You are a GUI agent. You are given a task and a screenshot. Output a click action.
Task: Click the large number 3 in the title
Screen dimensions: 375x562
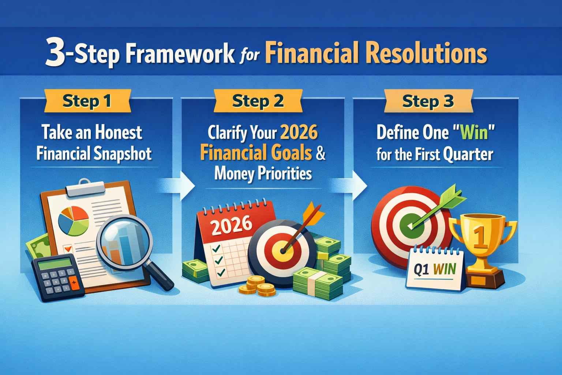pos(56,53)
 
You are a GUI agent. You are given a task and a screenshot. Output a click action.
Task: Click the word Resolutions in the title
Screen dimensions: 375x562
pos(426,53)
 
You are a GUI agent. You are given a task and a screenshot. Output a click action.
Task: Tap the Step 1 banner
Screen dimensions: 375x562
pos(87,101)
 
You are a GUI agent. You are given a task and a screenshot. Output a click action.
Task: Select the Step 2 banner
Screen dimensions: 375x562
pos(258,101)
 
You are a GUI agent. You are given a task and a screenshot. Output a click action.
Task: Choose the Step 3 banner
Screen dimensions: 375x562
pos(428,101)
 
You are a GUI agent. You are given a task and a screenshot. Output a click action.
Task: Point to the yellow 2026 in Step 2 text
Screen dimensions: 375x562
pos(299,133)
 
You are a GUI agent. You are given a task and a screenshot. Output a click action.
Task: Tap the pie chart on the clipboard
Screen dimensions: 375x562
pos(74,221)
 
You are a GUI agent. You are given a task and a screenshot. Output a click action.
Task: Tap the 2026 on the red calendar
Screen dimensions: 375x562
pos(231,226)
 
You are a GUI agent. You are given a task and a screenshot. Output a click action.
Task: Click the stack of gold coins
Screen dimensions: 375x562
pos(257,286)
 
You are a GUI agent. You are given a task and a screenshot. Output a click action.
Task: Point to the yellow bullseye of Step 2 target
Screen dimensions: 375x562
pos(282,250)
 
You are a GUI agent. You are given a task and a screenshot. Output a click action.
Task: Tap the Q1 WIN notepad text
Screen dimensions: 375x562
pos(435,269)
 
